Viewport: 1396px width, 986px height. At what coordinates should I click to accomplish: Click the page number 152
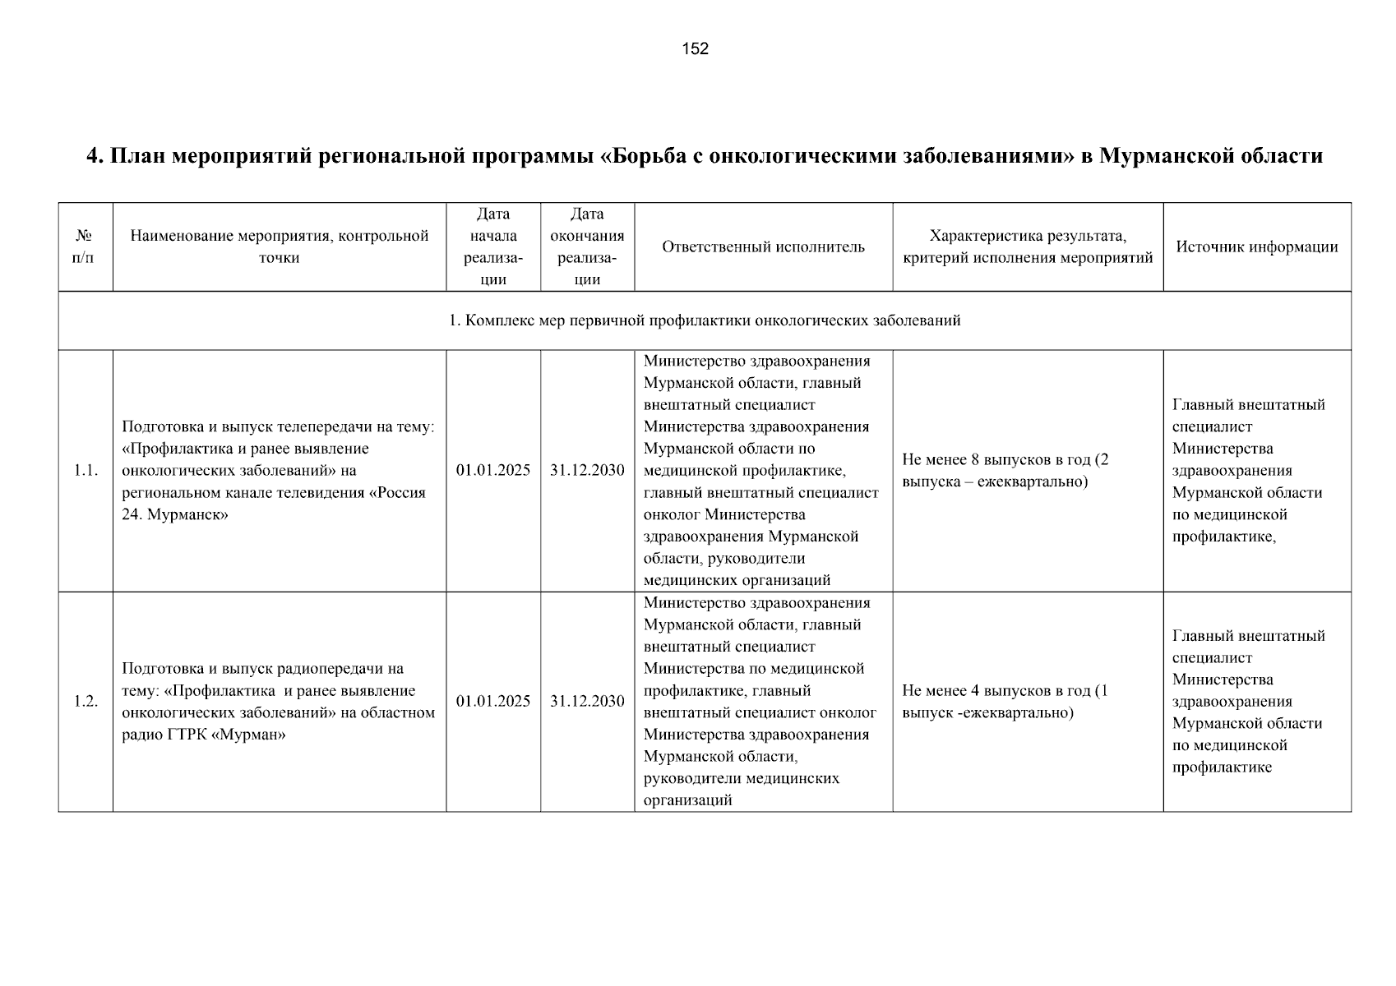pyautogui.click(x=695, y=48)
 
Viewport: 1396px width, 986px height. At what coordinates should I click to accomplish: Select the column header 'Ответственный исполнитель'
pyautogui.click(x=763, y=246)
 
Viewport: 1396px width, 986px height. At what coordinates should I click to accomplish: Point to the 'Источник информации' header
pyautogui.click(x=1256, y=246)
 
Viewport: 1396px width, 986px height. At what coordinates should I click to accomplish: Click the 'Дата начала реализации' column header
pyautogui.click(x=493, y=246)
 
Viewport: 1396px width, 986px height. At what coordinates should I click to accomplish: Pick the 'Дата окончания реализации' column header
pyautogui.click(x=587, y=246)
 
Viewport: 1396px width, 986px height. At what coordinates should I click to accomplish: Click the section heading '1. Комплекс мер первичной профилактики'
pyautogui.click(x=704, y=320)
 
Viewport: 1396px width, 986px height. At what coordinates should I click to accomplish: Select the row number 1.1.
pyautogui.click(x=86, y=471)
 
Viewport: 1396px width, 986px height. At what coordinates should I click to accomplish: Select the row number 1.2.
pyautogui.click(x=86, y=701)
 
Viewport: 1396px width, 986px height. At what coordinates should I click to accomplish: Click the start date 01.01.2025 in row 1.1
pyautogui.click(x=493, y=471)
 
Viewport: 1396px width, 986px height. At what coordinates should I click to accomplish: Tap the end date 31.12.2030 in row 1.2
pyautogui.click(x=587, y=701)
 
